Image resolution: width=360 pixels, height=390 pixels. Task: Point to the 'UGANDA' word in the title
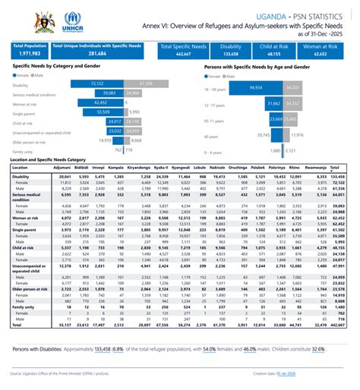coord(274,15)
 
